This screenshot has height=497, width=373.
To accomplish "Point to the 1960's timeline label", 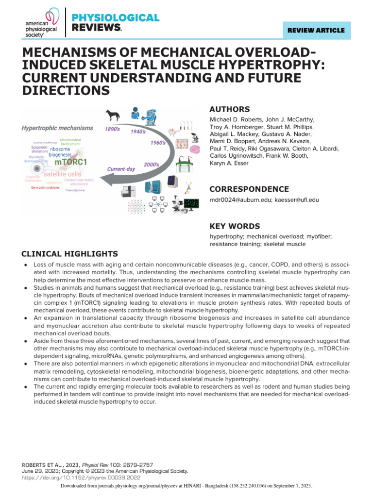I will [158, 143].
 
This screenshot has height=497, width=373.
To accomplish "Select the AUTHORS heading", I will [229, 109].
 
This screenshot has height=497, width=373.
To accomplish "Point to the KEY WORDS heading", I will [234, 226].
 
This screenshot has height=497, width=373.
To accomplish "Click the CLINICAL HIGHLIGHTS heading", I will [69, 254].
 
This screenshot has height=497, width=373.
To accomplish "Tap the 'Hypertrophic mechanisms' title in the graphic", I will [57, 128].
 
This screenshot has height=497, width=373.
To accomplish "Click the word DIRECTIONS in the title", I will [66, 90].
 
